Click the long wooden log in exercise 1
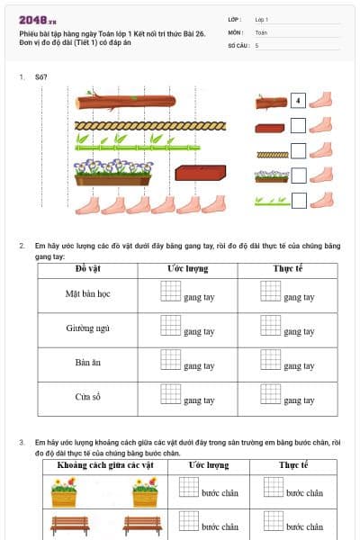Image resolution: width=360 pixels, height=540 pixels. [136, 103]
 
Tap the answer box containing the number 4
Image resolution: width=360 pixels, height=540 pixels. [299, 101]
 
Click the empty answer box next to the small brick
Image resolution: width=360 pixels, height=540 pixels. [299, 127]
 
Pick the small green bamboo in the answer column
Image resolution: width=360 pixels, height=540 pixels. [271, 201]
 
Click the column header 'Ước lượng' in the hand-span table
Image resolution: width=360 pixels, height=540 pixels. [187, 269]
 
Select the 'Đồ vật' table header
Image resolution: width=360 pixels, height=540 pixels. [87, 269]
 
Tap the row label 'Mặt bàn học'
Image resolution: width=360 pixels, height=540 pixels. [87, 294]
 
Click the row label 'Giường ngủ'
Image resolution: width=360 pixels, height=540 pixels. [87, 328]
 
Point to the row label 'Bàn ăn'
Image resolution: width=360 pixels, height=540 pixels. [87, 363]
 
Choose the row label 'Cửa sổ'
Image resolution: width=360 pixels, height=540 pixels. [87, 397]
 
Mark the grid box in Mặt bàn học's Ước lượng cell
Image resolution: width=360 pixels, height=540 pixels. [170, 290]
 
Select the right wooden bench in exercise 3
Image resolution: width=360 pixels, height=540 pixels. [142, 525]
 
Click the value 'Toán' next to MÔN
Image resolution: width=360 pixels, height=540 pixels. [261, 31]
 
